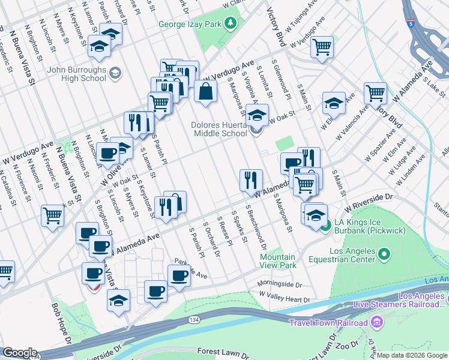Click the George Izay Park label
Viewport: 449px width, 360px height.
click(x=191, y=25)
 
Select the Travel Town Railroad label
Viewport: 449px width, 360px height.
click(x=328, y=323)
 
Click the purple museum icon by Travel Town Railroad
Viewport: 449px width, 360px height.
click(x=376, y=323)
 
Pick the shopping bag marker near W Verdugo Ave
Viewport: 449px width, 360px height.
click(x=205, y=92)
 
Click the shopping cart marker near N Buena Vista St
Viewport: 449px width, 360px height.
click(x=52, y=215)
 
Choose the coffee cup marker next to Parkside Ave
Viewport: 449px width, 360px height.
click(x=179, y=276)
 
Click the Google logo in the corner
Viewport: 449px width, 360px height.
click(x=19, y=353)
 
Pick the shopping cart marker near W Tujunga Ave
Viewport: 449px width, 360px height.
click(x=322, y=46)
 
